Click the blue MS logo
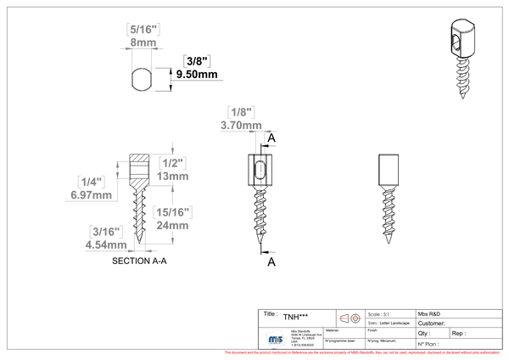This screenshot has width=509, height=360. click(275, 338)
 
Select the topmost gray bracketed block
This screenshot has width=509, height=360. click(143, 30)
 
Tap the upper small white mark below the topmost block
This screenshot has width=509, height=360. click(147, 67)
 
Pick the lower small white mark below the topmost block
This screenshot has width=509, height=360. click(148, 90)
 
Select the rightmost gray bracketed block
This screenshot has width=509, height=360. click(241, 111)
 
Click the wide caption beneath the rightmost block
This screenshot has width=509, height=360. click(248, 130)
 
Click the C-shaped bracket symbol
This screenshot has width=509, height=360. click(122, 169)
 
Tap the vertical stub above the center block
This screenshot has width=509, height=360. click(172, 145)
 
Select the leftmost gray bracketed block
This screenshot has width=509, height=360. click(90, 181)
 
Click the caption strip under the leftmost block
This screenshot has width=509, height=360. click(91, 200)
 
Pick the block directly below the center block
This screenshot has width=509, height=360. click(173, 211)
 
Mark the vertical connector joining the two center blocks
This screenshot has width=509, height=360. click(172, 192)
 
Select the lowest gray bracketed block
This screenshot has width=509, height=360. click(105, 231)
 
